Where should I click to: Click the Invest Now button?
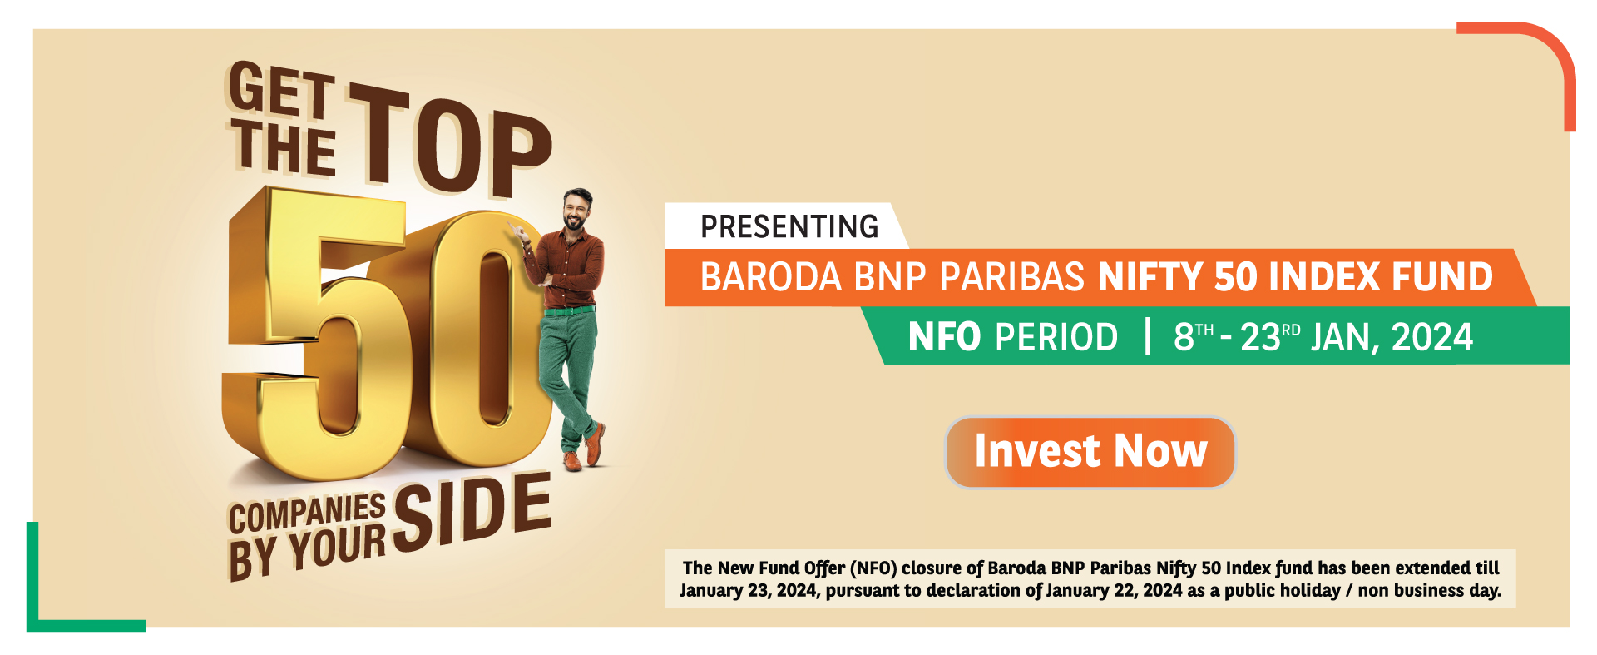pyautogui.click(x=1090, y=452)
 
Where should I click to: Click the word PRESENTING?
pyautogui.click(x=789, y=226)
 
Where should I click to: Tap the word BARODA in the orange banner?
pyautogui.click(x=771, y=277)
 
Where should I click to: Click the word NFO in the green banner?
pyautogui.click(x=944, y=337)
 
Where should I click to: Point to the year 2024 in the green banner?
pyautogui.click(x=1432, y=337)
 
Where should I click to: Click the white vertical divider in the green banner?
pyautogui.click(x=1147, y=336)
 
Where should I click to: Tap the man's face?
pyautogui.click(x=575, y=211)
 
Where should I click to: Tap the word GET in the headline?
pyautogui.click(x=282, y=89)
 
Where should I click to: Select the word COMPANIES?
pyautogui.click(x=308, y=513)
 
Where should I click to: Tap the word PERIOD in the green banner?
pyautogui.click(x=1056, y=337)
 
